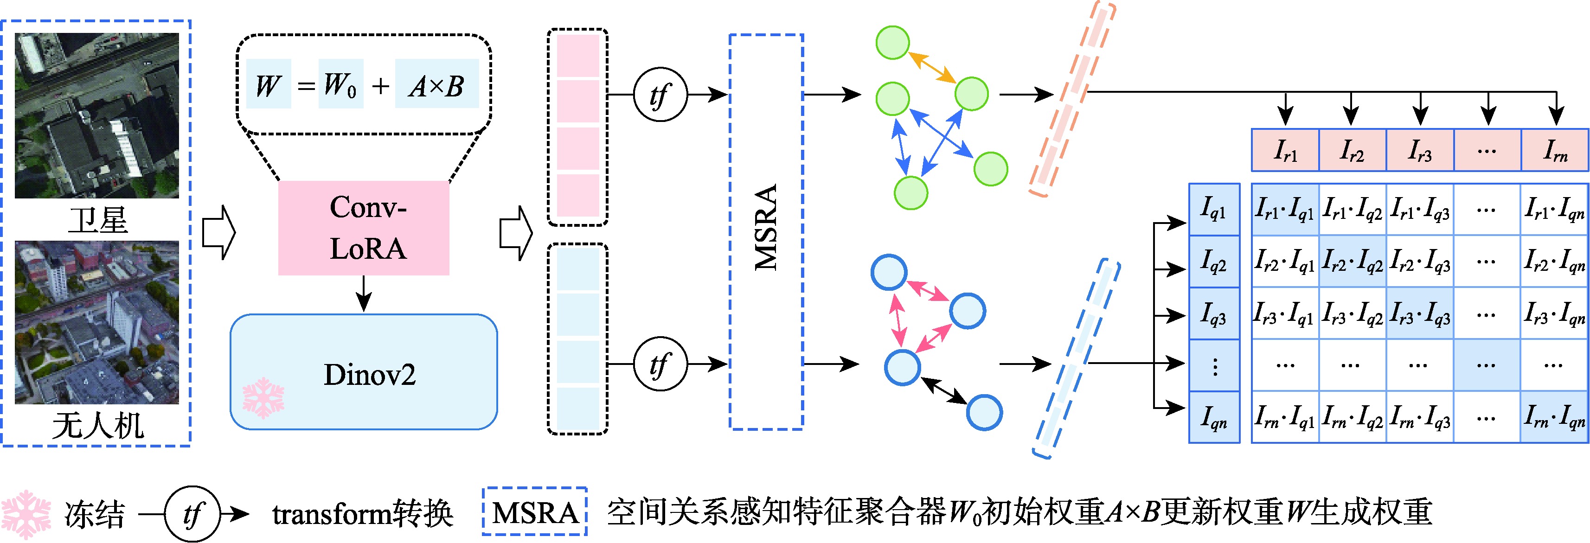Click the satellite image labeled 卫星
tap(97, 115)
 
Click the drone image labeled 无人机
tap(97, 322)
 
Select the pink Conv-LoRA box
tap(364, 228)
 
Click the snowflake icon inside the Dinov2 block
tap(263, 398)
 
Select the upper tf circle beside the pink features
tap(660, 95)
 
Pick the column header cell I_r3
tap(1420, 150)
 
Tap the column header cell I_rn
tap(1554, 150)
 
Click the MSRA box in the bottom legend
tap(534, 512)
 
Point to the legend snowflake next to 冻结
tap(26, 514)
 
